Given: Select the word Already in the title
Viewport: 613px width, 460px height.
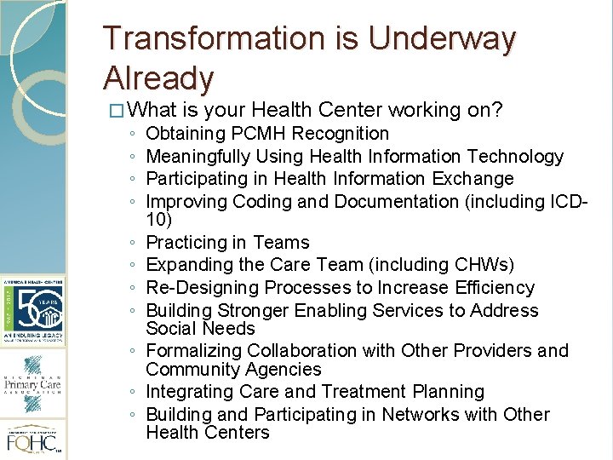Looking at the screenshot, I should pos(158,78).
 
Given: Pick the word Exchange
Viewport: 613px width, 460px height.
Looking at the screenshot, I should pos(470,179).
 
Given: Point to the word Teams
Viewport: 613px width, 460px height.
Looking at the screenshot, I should pos(285,243).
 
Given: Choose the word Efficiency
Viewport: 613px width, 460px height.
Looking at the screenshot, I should pos(491,288).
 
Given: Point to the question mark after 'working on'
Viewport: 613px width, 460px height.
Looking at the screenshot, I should pos(499,111).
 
